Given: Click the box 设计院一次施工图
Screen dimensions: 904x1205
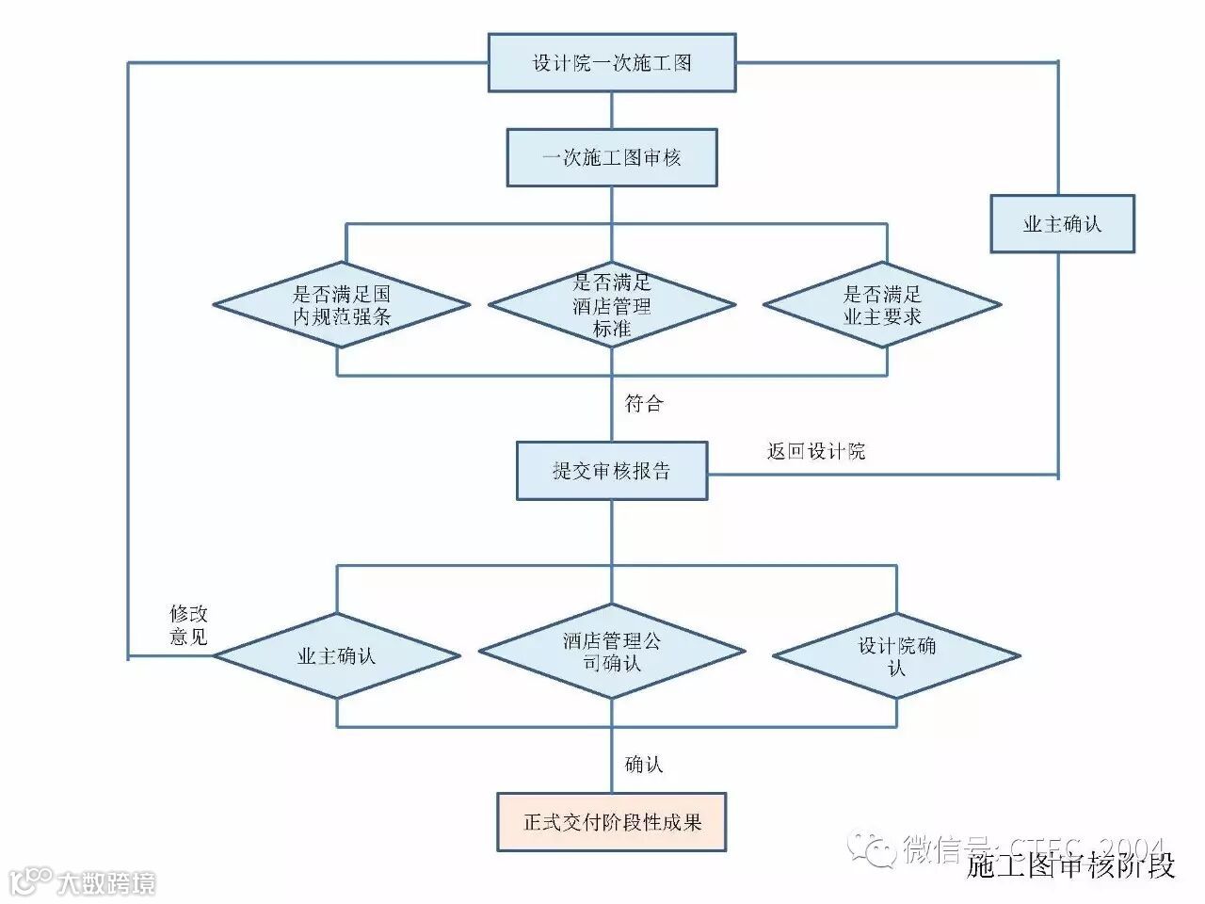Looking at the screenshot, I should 611,63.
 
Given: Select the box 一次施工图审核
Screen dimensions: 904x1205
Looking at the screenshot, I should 611,157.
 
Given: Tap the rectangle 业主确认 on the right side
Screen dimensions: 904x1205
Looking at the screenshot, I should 1062,224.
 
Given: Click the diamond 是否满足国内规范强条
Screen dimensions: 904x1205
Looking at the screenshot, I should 341,305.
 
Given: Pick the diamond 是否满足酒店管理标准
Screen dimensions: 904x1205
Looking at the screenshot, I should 611,305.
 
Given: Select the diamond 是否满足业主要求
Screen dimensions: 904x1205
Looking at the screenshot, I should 882,305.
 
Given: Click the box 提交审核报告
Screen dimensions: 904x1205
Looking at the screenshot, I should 611,470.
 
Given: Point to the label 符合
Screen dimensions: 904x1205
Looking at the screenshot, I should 644,404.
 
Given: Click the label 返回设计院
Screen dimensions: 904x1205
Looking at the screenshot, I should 815,451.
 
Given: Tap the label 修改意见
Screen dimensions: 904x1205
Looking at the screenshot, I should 188,624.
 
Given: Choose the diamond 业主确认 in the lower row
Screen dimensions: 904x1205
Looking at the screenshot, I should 337,655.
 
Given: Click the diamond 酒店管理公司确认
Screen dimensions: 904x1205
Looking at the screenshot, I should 611,652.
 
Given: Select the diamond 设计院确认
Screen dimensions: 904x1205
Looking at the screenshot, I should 896,655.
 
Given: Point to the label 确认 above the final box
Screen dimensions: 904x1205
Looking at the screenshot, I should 644,764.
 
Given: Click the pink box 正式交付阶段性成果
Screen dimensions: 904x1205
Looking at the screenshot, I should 611,821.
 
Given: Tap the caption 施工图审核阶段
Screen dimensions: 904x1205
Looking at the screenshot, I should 1071,864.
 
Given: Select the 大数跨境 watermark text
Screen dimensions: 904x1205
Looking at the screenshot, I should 105,883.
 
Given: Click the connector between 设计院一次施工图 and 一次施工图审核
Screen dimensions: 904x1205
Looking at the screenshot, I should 612,110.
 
